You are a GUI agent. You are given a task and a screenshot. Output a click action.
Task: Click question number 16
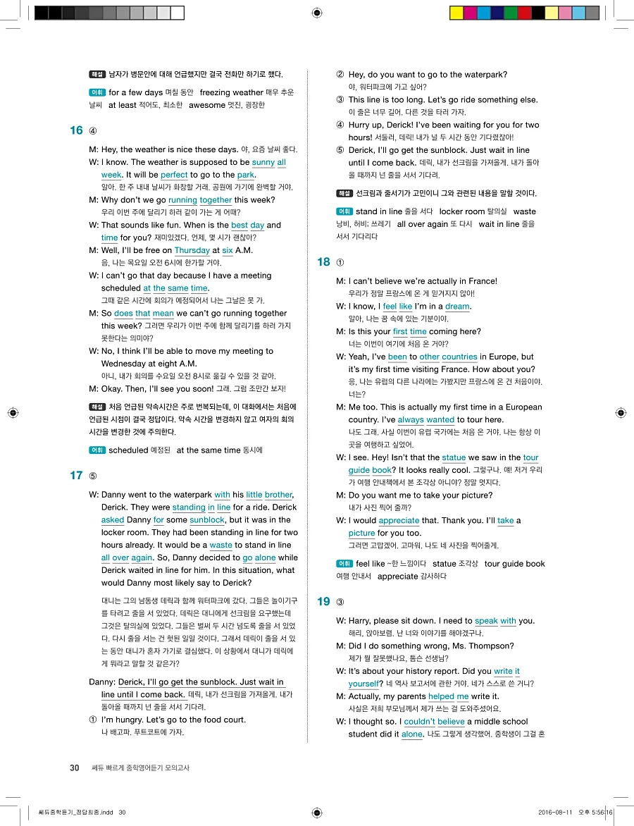(76, 130)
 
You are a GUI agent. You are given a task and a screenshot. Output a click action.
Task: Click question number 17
(76, 476)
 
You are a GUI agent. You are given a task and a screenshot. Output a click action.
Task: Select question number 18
(323, 262)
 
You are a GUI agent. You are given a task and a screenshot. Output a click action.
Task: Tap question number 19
(323, 602)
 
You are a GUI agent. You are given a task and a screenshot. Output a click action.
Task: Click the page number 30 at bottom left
(74, 768)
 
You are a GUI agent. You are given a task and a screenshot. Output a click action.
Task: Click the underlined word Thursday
(192, 251)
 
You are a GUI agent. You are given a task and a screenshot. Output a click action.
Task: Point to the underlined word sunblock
(207, 520)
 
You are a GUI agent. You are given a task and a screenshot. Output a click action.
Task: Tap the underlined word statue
(454, 458)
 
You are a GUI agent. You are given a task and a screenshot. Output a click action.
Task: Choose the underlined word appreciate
(399, 521)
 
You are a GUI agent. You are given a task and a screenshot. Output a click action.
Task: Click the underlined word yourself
(363, 684)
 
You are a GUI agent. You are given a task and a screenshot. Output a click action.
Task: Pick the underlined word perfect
(174, 175)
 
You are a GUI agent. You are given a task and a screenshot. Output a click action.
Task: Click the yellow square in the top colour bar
(456, 13)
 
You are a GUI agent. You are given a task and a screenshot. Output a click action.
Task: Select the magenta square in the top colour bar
(470, 13)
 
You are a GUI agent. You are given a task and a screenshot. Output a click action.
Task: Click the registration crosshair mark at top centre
(316, 13)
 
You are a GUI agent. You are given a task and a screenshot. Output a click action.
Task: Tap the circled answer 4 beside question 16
(93, 131)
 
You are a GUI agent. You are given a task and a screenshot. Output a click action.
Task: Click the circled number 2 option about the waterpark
(340, 75)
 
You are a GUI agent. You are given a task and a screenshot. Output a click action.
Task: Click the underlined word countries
(459, 357)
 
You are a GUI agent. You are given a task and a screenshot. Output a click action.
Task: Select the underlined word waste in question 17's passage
(220, 545)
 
